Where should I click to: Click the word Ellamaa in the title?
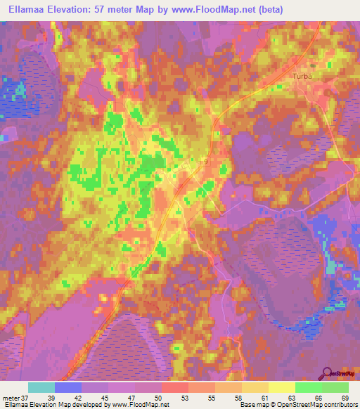pyautogui.click(x=29, y=9)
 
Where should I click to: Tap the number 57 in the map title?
pyautogui.click(x=122, y=9)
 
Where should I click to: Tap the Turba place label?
pyautogui.click(x=302, y=76)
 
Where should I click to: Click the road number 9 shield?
pyautogui.click(x=206, y=162)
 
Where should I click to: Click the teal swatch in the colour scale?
pyautogui.click(x=41, y=388)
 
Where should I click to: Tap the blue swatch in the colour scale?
pyautogui.click(x=68, y=388)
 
